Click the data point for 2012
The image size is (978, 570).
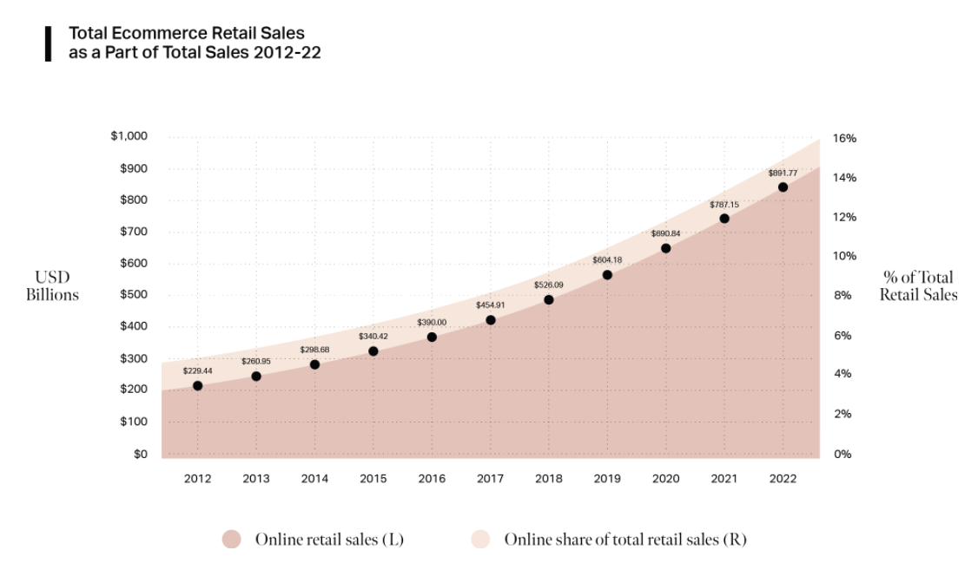click(x=197, y=386)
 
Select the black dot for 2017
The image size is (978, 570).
click(x=491, y=320)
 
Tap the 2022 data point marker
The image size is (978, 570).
click(x=783, y=187)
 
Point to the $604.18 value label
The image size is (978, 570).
click(x=607, y=260)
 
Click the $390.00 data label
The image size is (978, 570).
click(x=432, y=322)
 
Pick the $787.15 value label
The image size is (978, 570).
click(x=724, y=205)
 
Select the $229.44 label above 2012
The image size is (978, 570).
click(x=197, y=370)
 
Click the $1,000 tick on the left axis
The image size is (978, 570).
click(x=129, y=136)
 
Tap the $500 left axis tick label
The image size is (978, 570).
click(x=134, y=295)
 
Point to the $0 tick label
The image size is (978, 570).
click(x=141, y=454)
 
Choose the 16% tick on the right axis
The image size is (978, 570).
click(x=844, y=138)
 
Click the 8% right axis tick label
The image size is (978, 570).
click(x=842, y=296)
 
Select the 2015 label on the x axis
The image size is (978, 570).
click(x=373, y=478)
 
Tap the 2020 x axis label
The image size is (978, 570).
click(x=665, y=478)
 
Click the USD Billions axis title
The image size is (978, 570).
click(x=52, y=286)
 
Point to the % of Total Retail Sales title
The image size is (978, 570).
click(x=918, y=286)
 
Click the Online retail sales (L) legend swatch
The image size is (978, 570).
click(x=231, y=539)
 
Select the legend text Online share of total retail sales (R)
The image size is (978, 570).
click(x=625, y=539)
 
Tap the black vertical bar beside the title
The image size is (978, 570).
click(x=49, y=43)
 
